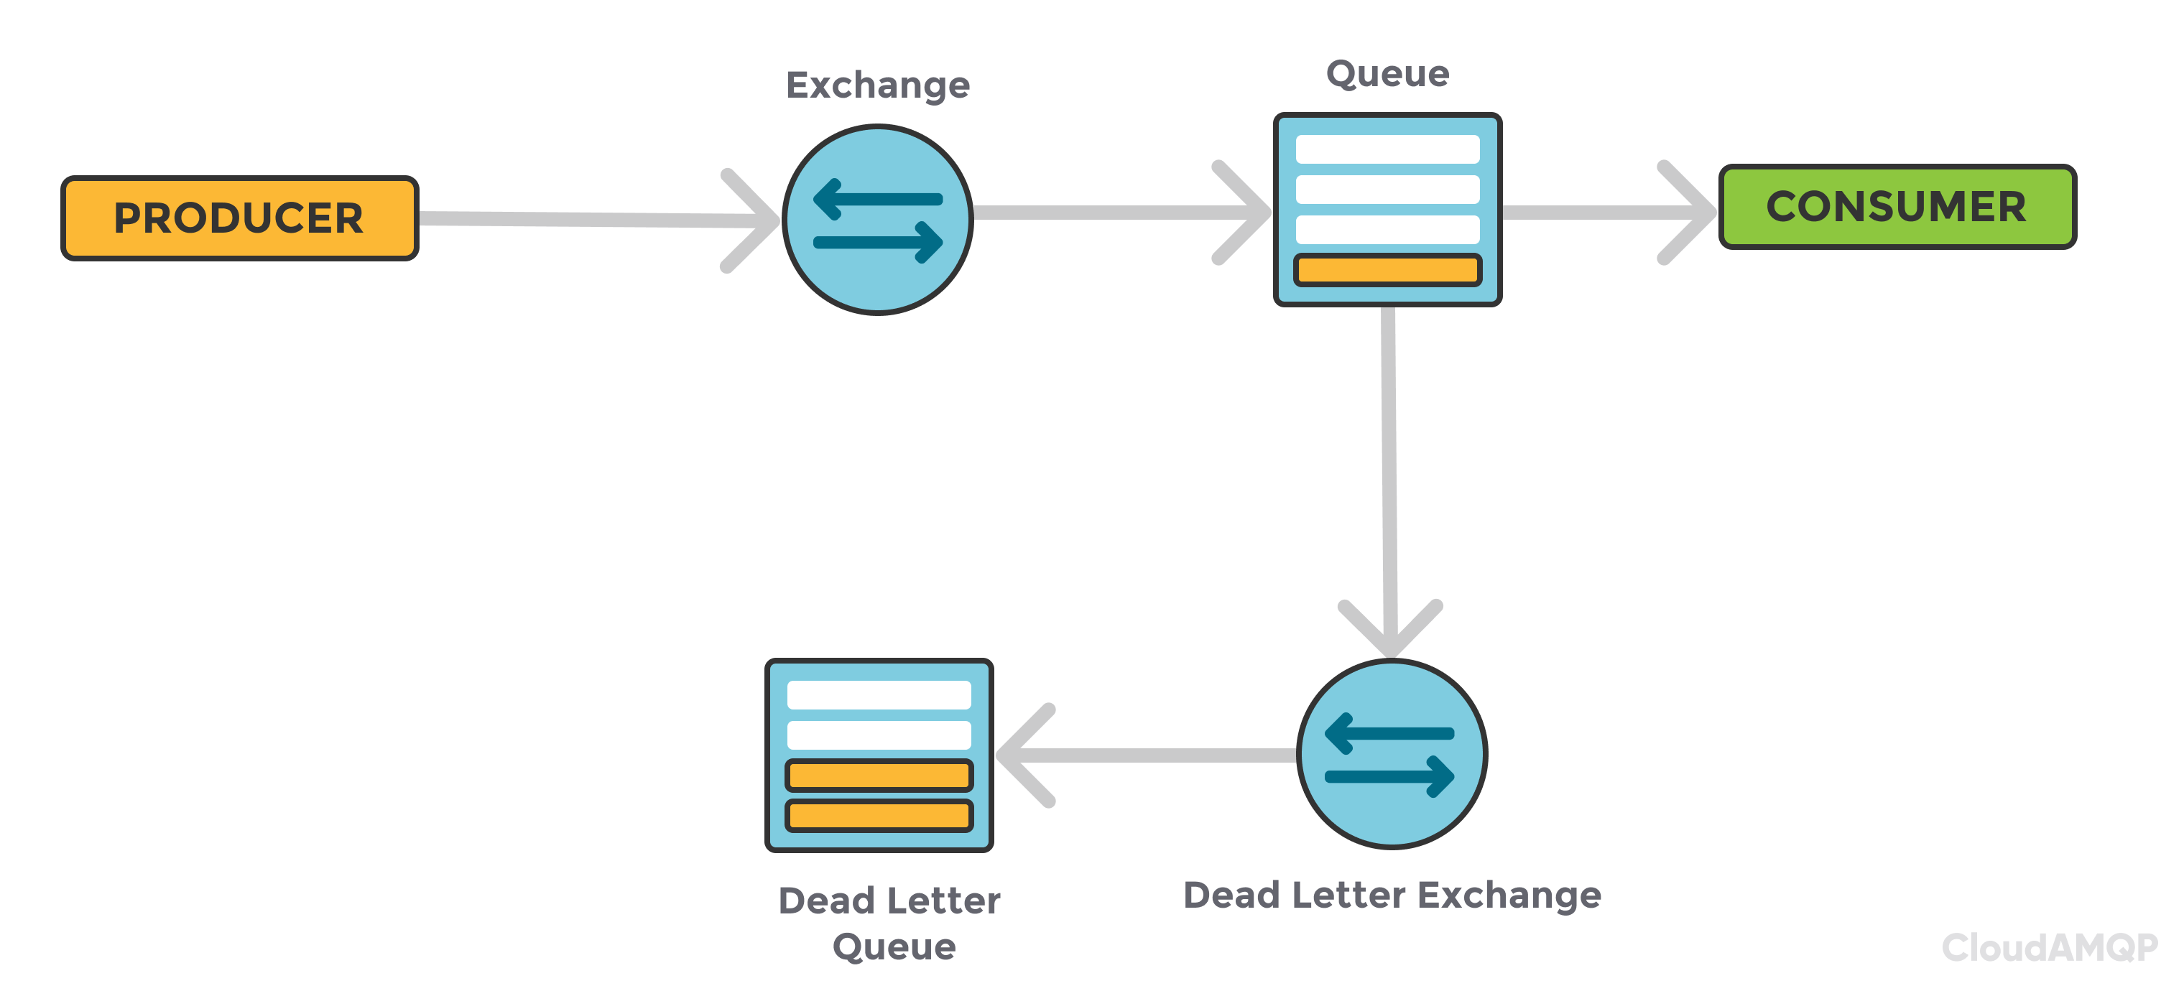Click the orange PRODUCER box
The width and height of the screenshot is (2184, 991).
click(x=240, y=218)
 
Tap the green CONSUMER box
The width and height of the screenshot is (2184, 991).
click(x=1897, y=207)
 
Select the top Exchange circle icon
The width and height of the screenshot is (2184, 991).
click(x=877, y=220)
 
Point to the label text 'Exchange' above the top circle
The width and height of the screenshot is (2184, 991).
click(x=877, y=85)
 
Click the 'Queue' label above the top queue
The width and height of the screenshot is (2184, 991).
click(x=1387, y=75)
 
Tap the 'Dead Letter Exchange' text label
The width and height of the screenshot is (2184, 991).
click(x=1392, y=895)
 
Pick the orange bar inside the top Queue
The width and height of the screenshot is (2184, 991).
click(x=1387, y=269)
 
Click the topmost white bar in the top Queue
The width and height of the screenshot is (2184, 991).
click(x=1387, y=149)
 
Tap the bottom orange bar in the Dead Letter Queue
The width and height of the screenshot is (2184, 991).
click(x=879, y=816)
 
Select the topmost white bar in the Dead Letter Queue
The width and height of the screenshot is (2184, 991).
click(x=879, y=695)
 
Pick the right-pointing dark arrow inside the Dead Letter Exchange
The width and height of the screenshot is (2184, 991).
click(x=1390, y=776)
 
